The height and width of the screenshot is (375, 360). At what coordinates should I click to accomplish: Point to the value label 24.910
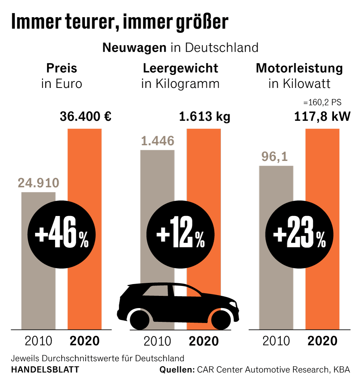38,183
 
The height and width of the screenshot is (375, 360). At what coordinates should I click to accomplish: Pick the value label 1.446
157,141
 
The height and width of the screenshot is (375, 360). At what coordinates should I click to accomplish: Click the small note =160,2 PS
322,102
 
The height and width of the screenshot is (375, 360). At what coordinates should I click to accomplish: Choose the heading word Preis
62,68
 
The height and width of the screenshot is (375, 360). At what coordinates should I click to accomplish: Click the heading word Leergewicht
180,68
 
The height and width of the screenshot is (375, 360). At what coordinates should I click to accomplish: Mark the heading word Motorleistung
299,68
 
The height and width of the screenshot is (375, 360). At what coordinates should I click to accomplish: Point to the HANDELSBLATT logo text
45,370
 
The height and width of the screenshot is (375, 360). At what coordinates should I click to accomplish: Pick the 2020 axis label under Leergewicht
204,341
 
